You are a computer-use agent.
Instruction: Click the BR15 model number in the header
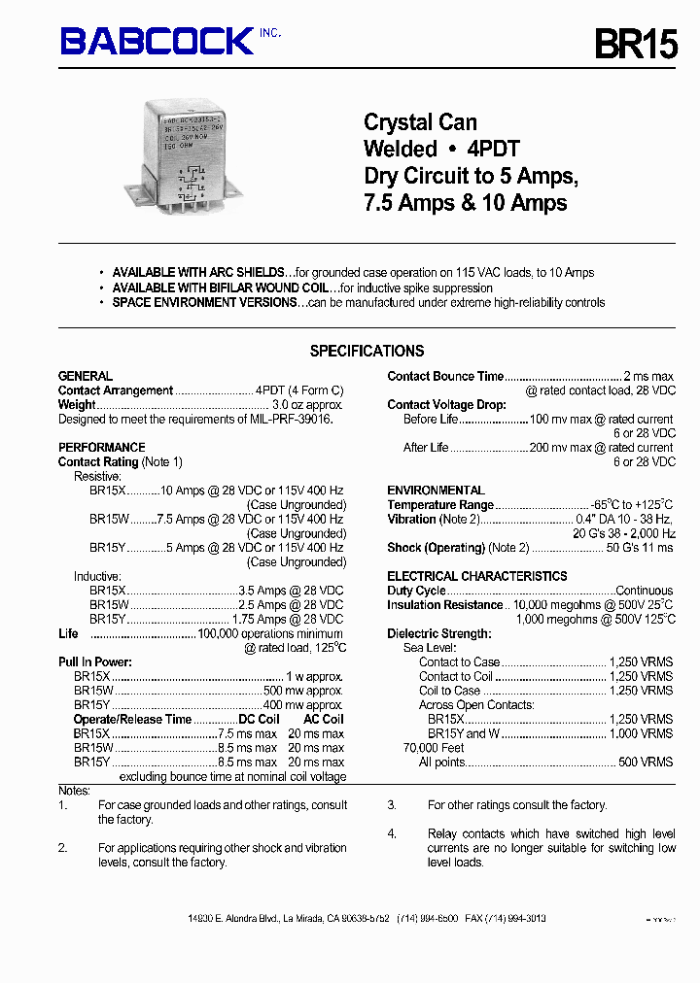tap(635, 44)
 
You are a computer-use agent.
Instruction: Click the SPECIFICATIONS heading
tap(367, 351)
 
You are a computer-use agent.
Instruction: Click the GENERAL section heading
tap(86, 376)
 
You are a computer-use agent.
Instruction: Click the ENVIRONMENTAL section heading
tap(436, 491)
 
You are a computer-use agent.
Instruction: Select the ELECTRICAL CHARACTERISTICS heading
tap(477, 576)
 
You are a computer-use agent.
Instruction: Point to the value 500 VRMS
tap(646, 763)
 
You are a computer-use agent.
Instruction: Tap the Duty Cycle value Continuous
tap(645, 591)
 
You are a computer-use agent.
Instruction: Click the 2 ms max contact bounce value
tap(648, 377)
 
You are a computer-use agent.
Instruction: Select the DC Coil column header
tap(259, 720)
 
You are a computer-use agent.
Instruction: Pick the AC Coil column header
tap(324, 720)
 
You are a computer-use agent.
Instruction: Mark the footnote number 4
tap(392, 833)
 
